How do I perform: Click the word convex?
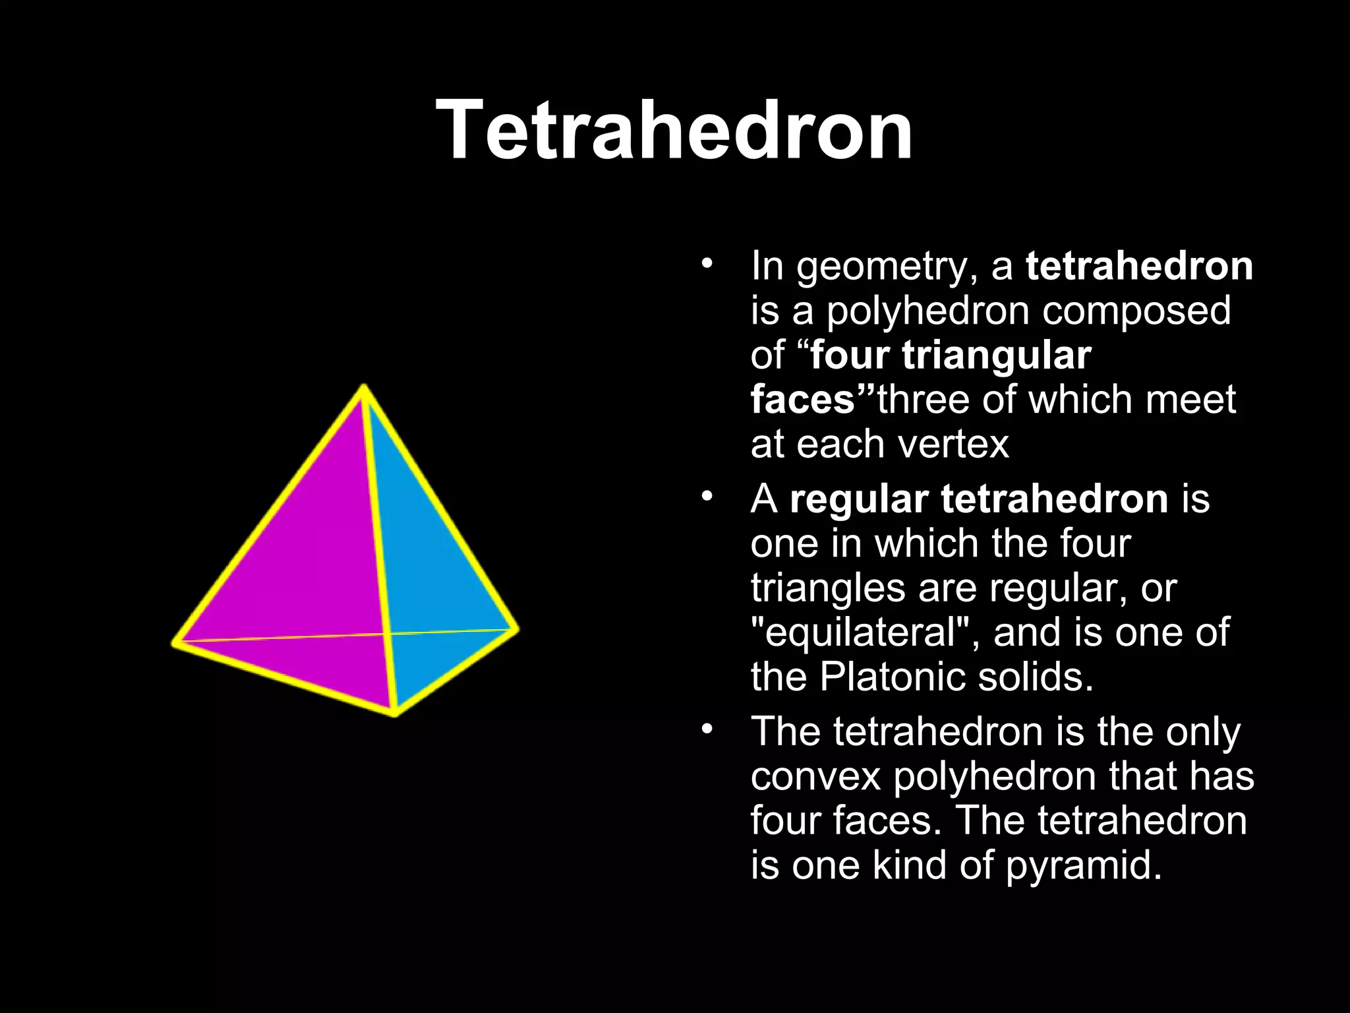pyautogui.click(x=815, y=776)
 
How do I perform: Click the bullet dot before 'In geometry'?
pyautogui.click(x=707, y=264)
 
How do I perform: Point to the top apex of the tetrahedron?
pyautogui.click(x=364, y=387)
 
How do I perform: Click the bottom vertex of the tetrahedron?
pyautogui.click(x=395, y=713)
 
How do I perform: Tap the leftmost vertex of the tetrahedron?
pyautogui.click(x=175, y=641)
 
